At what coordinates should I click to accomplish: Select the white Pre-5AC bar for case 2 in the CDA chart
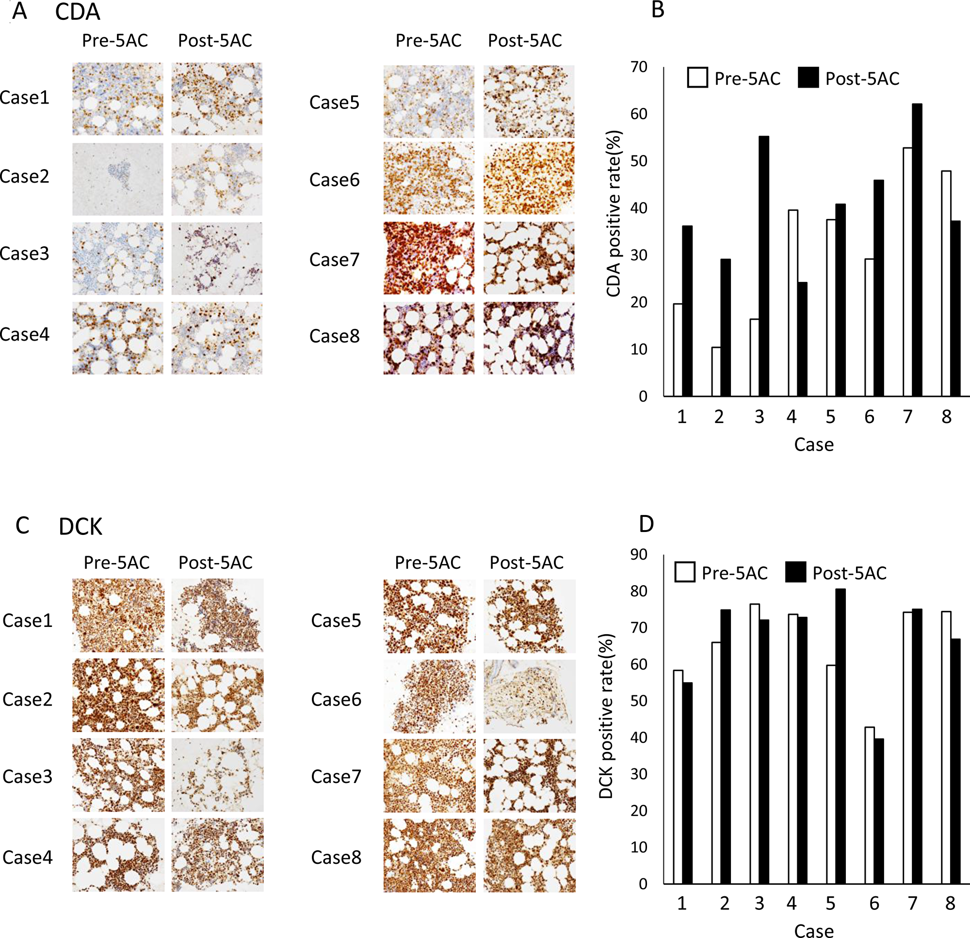(716, 371)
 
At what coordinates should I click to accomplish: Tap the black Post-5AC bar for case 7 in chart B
(917, 250)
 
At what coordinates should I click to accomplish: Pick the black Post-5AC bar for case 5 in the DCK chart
(841, 736)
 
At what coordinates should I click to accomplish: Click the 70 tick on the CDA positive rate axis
(639, 67)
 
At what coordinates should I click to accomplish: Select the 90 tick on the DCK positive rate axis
(639, 554)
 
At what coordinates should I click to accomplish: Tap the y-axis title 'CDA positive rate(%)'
(614, 214)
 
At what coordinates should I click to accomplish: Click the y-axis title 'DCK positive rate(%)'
(606, 717)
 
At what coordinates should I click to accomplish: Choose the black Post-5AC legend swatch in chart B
(808, 78)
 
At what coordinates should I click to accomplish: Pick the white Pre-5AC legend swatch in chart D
(684, 572)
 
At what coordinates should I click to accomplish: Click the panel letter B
(658, 10)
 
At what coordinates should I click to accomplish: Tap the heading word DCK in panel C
(80, 527)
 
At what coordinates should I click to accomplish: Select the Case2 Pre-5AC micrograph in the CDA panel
(117, 179)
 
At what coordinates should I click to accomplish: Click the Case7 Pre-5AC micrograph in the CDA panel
(429, 258)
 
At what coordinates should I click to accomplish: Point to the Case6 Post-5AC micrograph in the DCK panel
(529, 696)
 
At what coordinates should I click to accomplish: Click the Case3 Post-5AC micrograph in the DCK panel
(217, 775)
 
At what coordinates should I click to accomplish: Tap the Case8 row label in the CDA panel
(334, 336)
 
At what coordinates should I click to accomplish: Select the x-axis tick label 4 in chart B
(792, 417)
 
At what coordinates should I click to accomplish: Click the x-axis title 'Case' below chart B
(814, 444)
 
